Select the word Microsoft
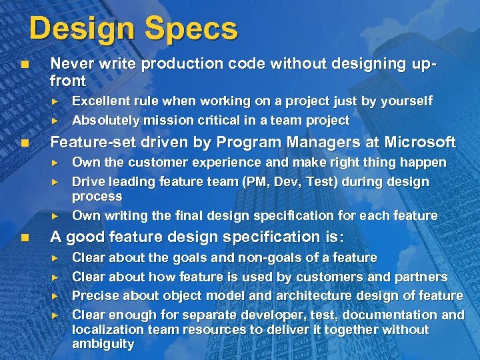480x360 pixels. click(421, 142)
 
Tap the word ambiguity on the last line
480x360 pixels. click(103, 345)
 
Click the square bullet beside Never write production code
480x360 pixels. click(25, 64)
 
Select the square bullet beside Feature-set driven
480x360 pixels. click(25, 143)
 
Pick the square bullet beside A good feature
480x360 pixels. click(25, 237)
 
